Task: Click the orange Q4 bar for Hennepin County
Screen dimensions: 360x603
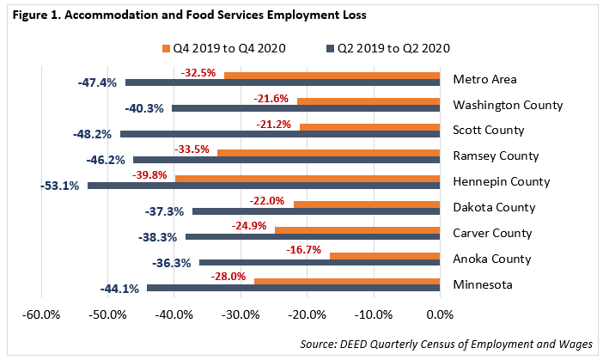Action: [x=308, y=178]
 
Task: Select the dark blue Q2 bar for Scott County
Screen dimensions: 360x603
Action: [x=280, y=135]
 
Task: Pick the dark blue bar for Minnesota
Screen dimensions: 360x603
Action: [x=294, y=289]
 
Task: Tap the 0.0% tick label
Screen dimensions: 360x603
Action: [x=440, y=313]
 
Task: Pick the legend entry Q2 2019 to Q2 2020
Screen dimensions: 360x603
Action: [x=388, y=47]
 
